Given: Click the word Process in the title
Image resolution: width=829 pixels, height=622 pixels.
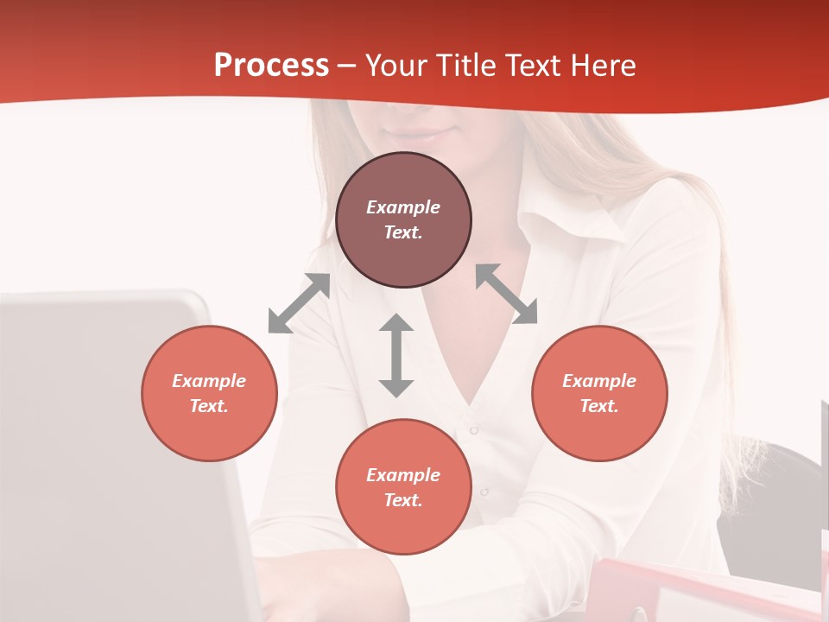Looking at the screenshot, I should coord(271,66).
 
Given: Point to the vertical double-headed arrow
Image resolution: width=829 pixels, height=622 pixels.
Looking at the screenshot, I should coord(396,355).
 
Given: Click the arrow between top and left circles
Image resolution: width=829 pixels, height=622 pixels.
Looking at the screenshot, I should coord(299,303).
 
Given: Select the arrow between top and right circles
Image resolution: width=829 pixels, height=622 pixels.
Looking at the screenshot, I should coord(507,294).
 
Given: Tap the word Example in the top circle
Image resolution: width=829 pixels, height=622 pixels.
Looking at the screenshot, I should coord(403,207).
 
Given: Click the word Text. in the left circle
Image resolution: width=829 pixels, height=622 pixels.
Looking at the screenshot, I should coord(209,406).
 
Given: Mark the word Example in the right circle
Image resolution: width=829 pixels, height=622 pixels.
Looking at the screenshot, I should coord(599,381).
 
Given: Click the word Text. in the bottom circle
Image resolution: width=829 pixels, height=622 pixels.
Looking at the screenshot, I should coord(403,500).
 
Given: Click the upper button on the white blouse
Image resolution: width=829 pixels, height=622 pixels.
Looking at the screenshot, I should coord(473,429).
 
